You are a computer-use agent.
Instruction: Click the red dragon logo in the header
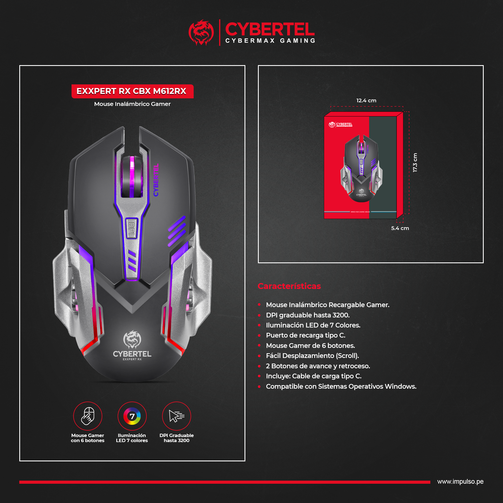pos(201,32)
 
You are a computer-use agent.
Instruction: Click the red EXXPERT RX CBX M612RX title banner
pos(132,91)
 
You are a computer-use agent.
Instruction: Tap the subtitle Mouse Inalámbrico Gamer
pos(132,104)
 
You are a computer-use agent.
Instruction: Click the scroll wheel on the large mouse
pos(132,177)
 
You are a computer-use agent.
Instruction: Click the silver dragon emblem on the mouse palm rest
pos(132,339)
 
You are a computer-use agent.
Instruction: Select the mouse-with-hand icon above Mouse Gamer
pos(87,416)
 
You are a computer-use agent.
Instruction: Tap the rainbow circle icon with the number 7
pos(132,416)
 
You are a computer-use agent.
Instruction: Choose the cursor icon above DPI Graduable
pos(176,416)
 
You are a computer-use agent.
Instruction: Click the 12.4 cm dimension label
pos(366,101)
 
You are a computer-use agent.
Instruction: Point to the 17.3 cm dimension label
pos(415,162)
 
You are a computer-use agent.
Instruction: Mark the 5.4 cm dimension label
pos(400,228)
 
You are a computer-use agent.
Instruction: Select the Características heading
pos(289,286)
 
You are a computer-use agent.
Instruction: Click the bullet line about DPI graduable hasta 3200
pos(308,315)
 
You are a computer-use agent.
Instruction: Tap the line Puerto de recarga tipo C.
pos(305,335)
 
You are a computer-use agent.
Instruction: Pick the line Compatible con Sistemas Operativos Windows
pos(341,386)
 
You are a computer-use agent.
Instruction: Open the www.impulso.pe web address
pos(460,482)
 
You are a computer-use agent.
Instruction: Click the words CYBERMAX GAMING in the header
pos(270,41)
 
